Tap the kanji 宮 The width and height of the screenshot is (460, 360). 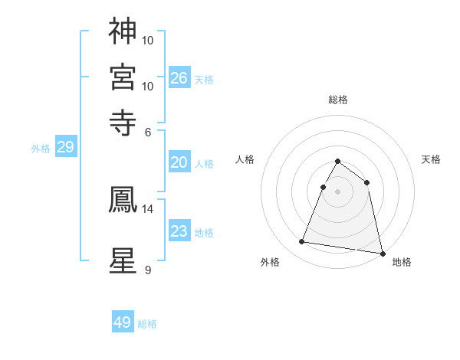coord(123,77)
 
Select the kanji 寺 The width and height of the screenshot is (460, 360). coord(123,122)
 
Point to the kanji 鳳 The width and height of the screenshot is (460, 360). coord(123,199)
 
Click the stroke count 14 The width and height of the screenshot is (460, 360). coord(148,208)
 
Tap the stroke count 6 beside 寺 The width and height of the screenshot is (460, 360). coord(148,132)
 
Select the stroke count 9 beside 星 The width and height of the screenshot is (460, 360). coord(148,270)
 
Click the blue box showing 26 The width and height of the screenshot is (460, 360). coord(179,77)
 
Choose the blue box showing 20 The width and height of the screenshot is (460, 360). coord(179,162)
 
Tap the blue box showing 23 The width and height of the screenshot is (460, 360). coord(179,231)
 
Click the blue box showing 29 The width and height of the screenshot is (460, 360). coord(65,147)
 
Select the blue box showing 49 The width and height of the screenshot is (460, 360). coord(123,322)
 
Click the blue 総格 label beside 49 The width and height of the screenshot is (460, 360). coord(147,324)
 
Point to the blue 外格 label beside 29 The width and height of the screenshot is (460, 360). coord(41,149)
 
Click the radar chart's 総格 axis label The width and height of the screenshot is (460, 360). coord(338,100)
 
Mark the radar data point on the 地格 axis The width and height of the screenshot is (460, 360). coord(381,253)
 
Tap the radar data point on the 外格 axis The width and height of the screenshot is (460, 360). coord(302,242)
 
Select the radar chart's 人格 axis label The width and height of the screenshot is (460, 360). coord(245,159)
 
